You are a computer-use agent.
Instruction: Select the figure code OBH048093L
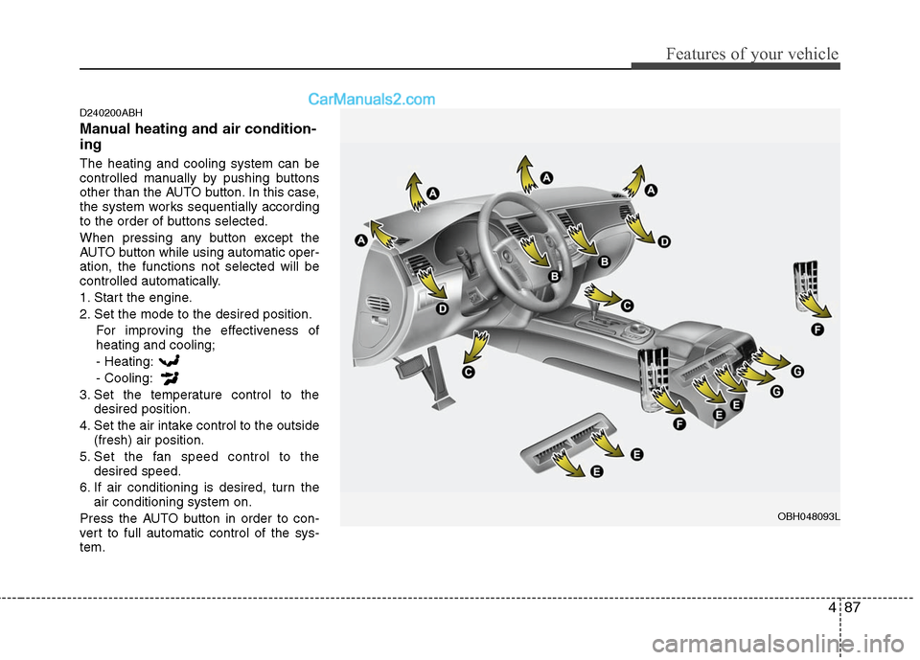coord(808,516)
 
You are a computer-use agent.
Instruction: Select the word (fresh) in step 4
coord(116,440)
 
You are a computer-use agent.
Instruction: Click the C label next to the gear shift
coord(627,305)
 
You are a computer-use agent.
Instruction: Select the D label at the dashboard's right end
coord(663,242)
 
